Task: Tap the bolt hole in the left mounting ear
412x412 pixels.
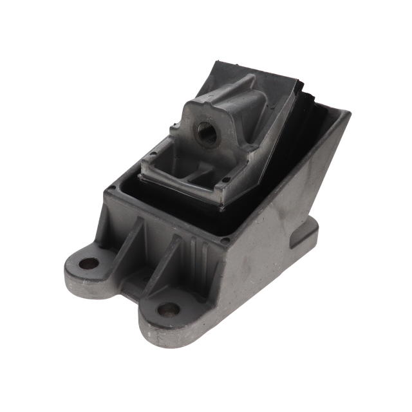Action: (x=89, y=263)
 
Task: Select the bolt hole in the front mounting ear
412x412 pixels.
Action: (x=168, y=310)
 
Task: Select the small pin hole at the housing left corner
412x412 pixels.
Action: (x=113, y=189)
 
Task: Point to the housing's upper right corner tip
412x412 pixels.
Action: (x=348, y=114)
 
